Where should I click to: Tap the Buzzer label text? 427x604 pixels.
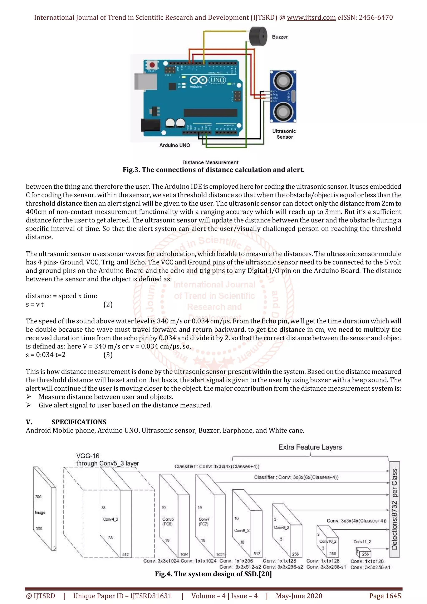[x=280, y=37]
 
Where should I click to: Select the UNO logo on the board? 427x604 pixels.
[x=217, y=80]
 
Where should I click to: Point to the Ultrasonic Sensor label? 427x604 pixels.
[x=284, y=134]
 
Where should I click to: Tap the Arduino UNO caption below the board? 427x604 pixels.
[x=175, y=145]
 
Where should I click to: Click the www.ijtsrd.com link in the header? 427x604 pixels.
[x=311, y=18]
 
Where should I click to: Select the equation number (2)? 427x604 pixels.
[x=108, y=304]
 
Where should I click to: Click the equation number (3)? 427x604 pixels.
[x=108, y=355]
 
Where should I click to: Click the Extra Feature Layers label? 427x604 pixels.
[x=310, y=447]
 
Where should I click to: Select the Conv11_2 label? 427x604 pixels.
[x=362, y=542]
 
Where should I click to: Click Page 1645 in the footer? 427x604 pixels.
[x=385, y=596]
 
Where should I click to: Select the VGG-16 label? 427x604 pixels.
[x=88, y=456]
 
